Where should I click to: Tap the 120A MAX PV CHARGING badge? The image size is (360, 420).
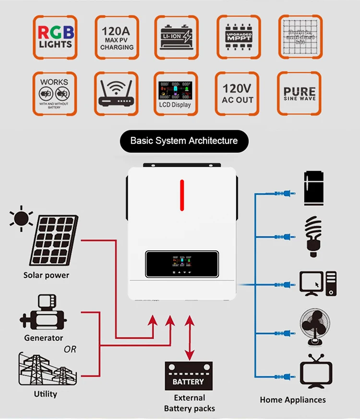[117, 37]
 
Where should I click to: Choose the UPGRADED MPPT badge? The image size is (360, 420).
[238, 37]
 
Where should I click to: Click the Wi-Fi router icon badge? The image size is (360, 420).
[117, 94]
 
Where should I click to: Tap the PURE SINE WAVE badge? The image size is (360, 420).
[300, 94]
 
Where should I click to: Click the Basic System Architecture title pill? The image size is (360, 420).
[184, 141]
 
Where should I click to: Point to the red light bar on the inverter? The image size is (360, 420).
[182, 195]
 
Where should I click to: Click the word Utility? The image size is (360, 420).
[46, 394]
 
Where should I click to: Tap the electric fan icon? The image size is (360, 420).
[315, 327]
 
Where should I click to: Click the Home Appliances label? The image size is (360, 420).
[293, 400]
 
